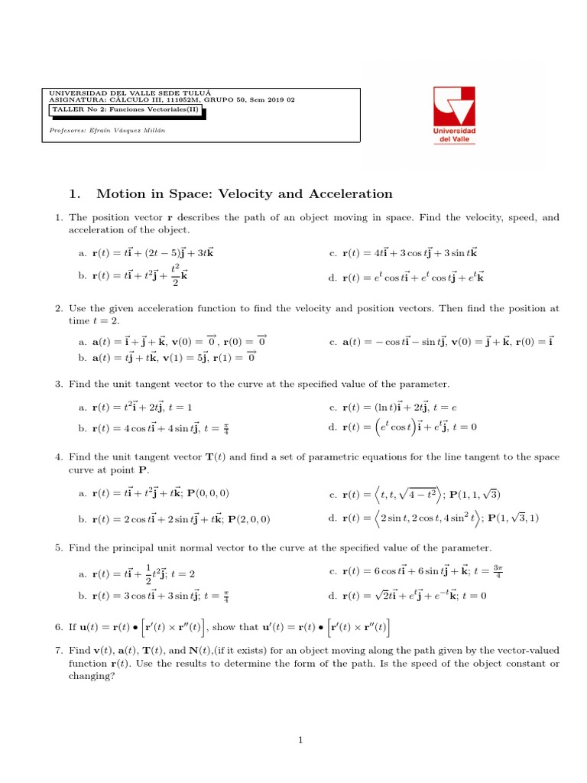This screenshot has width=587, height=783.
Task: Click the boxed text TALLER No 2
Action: (x=128, y=110)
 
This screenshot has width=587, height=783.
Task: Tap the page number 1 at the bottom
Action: (x=301, y=739)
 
